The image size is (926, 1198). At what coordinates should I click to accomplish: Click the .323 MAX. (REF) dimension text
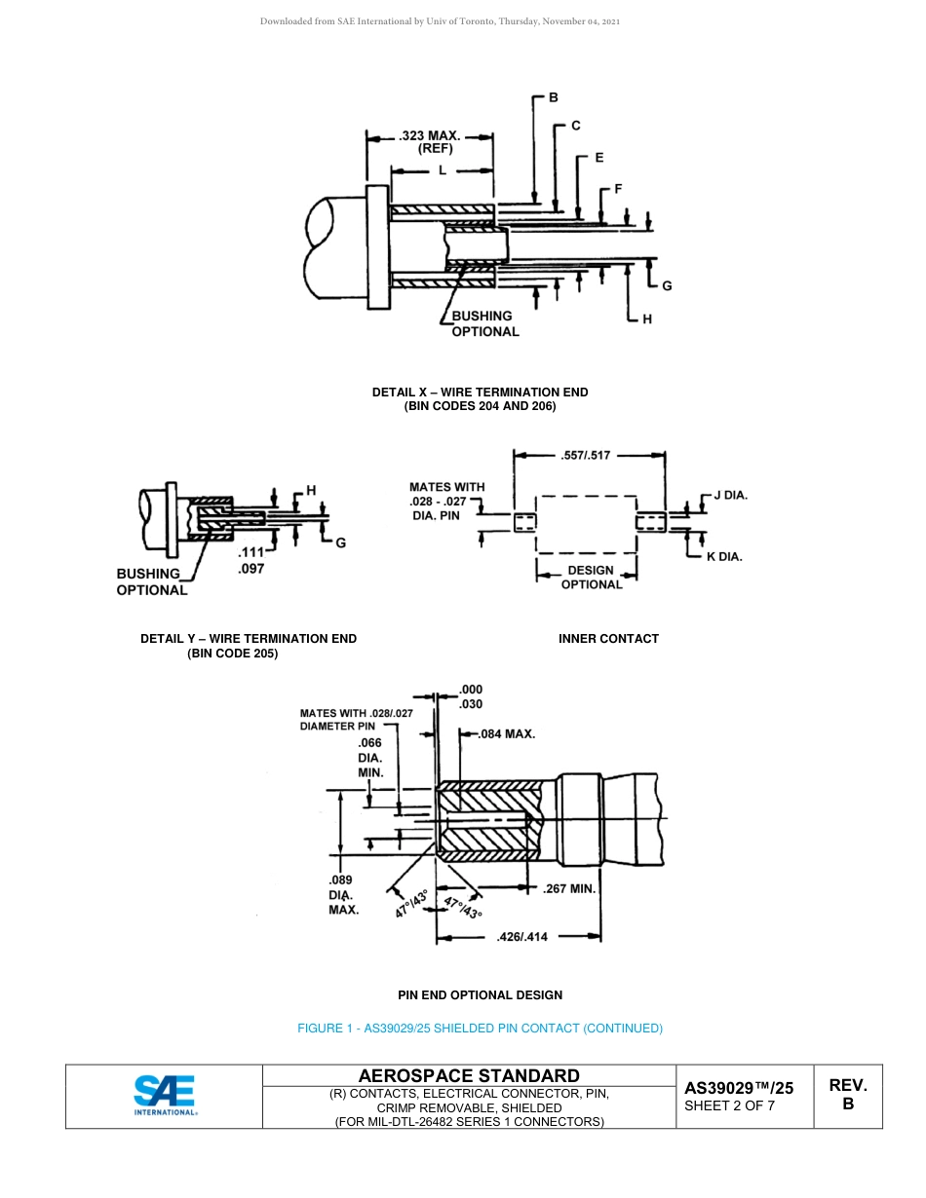click(x=429, y=142)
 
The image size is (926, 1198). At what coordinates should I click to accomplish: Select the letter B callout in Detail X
click(x=554, y=97)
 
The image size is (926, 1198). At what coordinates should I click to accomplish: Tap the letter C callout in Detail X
click(x=576, y=126)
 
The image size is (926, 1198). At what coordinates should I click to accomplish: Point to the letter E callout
click(x=598, y=157)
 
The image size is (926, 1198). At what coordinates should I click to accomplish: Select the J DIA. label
click(x=730, y=495)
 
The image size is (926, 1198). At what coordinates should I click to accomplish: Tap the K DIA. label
click(x=724, y=557)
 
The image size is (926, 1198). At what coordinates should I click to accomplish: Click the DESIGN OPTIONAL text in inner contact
click(x=591, y=578)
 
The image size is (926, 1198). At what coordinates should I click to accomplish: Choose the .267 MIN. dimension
click(x=568, y=888)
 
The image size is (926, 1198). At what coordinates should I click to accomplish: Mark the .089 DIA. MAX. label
click(x=343, y=894)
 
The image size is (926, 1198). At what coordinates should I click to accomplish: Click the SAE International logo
click(x=165, y=1096)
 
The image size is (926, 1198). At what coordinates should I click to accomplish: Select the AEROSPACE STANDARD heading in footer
click(x=469, y=1075)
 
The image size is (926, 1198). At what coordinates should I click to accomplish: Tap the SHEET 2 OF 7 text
click(x=730, y=1105)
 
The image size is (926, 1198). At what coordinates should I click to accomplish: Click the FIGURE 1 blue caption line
click(x=480, y=1029)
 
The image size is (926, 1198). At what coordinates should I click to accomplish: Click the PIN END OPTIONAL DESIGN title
click(x=480, y=995)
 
